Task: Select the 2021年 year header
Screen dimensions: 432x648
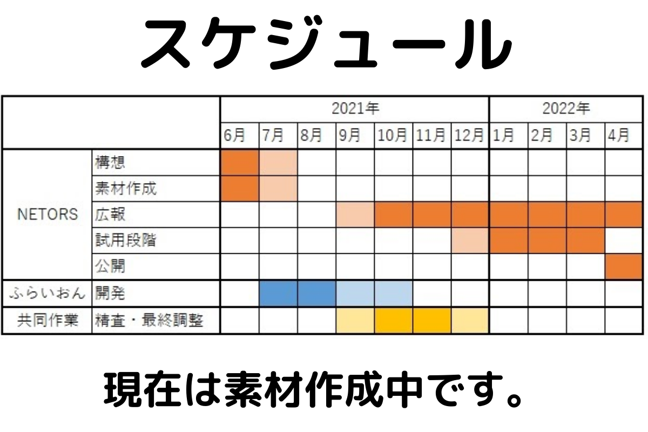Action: tap(355, 109)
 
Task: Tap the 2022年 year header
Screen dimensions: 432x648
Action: tap(565, 109)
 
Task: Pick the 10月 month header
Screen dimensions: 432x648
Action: tap(393, 136)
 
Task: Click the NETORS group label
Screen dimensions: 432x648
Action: tap(48, 214)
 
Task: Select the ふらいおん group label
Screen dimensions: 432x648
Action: tap(48, 294)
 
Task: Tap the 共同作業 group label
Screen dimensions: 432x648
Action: tap(48, 321)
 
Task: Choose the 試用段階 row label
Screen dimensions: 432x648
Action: tap(125, 240)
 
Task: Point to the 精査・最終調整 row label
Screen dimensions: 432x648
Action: tap(149, 321)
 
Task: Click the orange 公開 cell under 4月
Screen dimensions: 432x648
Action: tap(623, 267)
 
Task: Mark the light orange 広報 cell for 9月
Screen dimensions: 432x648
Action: tap(355, 214)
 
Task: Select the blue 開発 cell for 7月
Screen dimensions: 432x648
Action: tap(278, 294)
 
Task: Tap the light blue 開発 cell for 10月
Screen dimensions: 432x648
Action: tap(393, 294)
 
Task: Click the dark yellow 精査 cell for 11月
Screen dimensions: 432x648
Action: tap(431, 321)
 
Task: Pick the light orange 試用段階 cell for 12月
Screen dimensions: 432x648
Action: tap(470, 240)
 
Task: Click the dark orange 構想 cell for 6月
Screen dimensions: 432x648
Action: tap(240, 162)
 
